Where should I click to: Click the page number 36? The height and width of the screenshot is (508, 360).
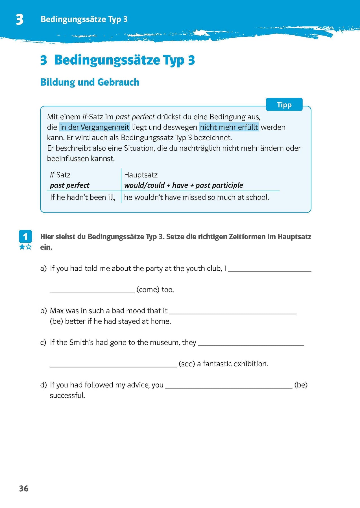(24, 489)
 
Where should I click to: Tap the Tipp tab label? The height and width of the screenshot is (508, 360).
(284, 105)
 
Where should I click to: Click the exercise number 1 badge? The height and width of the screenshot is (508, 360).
(25, 237)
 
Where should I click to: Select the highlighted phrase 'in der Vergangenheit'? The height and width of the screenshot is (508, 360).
(95, 127)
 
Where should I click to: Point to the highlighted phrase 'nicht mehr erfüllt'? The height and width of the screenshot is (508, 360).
(229, 127)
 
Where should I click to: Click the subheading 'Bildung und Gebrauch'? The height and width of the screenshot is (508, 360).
(90, 82)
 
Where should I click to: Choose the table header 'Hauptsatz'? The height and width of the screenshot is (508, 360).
(141, 175)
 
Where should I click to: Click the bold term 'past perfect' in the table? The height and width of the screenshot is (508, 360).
(69, 185)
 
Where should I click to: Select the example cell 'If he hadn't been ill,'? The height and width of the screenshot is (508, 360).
(83, 197)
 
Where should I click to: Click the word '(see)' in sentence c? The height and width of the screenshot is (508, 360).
(187, 364)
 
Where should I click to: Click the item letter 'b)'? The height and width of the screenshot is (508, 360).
(43, 311)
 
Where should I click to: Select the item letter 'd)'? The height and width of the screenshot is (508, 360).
(43, 385)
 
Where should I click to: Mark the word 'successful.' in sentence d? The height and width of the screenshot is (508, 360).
(67, 396)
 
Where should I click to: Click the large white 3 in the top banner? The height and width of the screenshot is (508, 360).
(20, 20)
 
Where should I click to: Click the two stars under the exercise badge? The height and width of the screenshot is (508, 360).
(25, 247)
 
